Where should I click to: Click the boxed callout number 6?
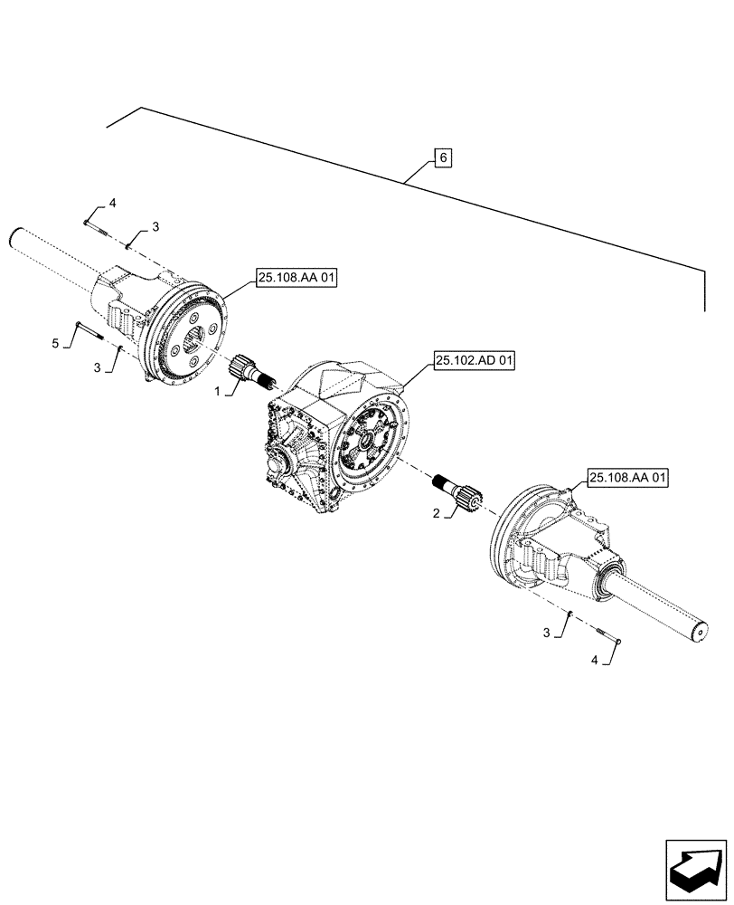(442, 158)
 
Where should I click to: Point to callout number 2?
(438, 513)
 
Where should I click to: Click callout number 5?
(56, 343)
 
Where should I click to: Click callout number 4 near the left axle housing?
(113, 202)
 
